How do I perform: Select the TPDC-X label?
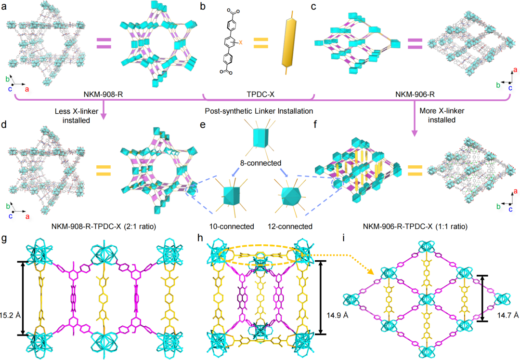(259, 90)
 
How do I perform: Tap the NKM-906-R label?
(408, 90)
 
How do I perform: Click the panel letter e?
(204, 126)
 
